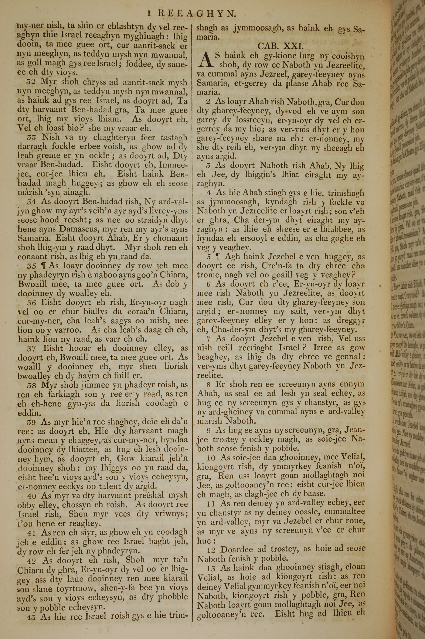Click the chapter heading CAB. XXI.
pos(279,46)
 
